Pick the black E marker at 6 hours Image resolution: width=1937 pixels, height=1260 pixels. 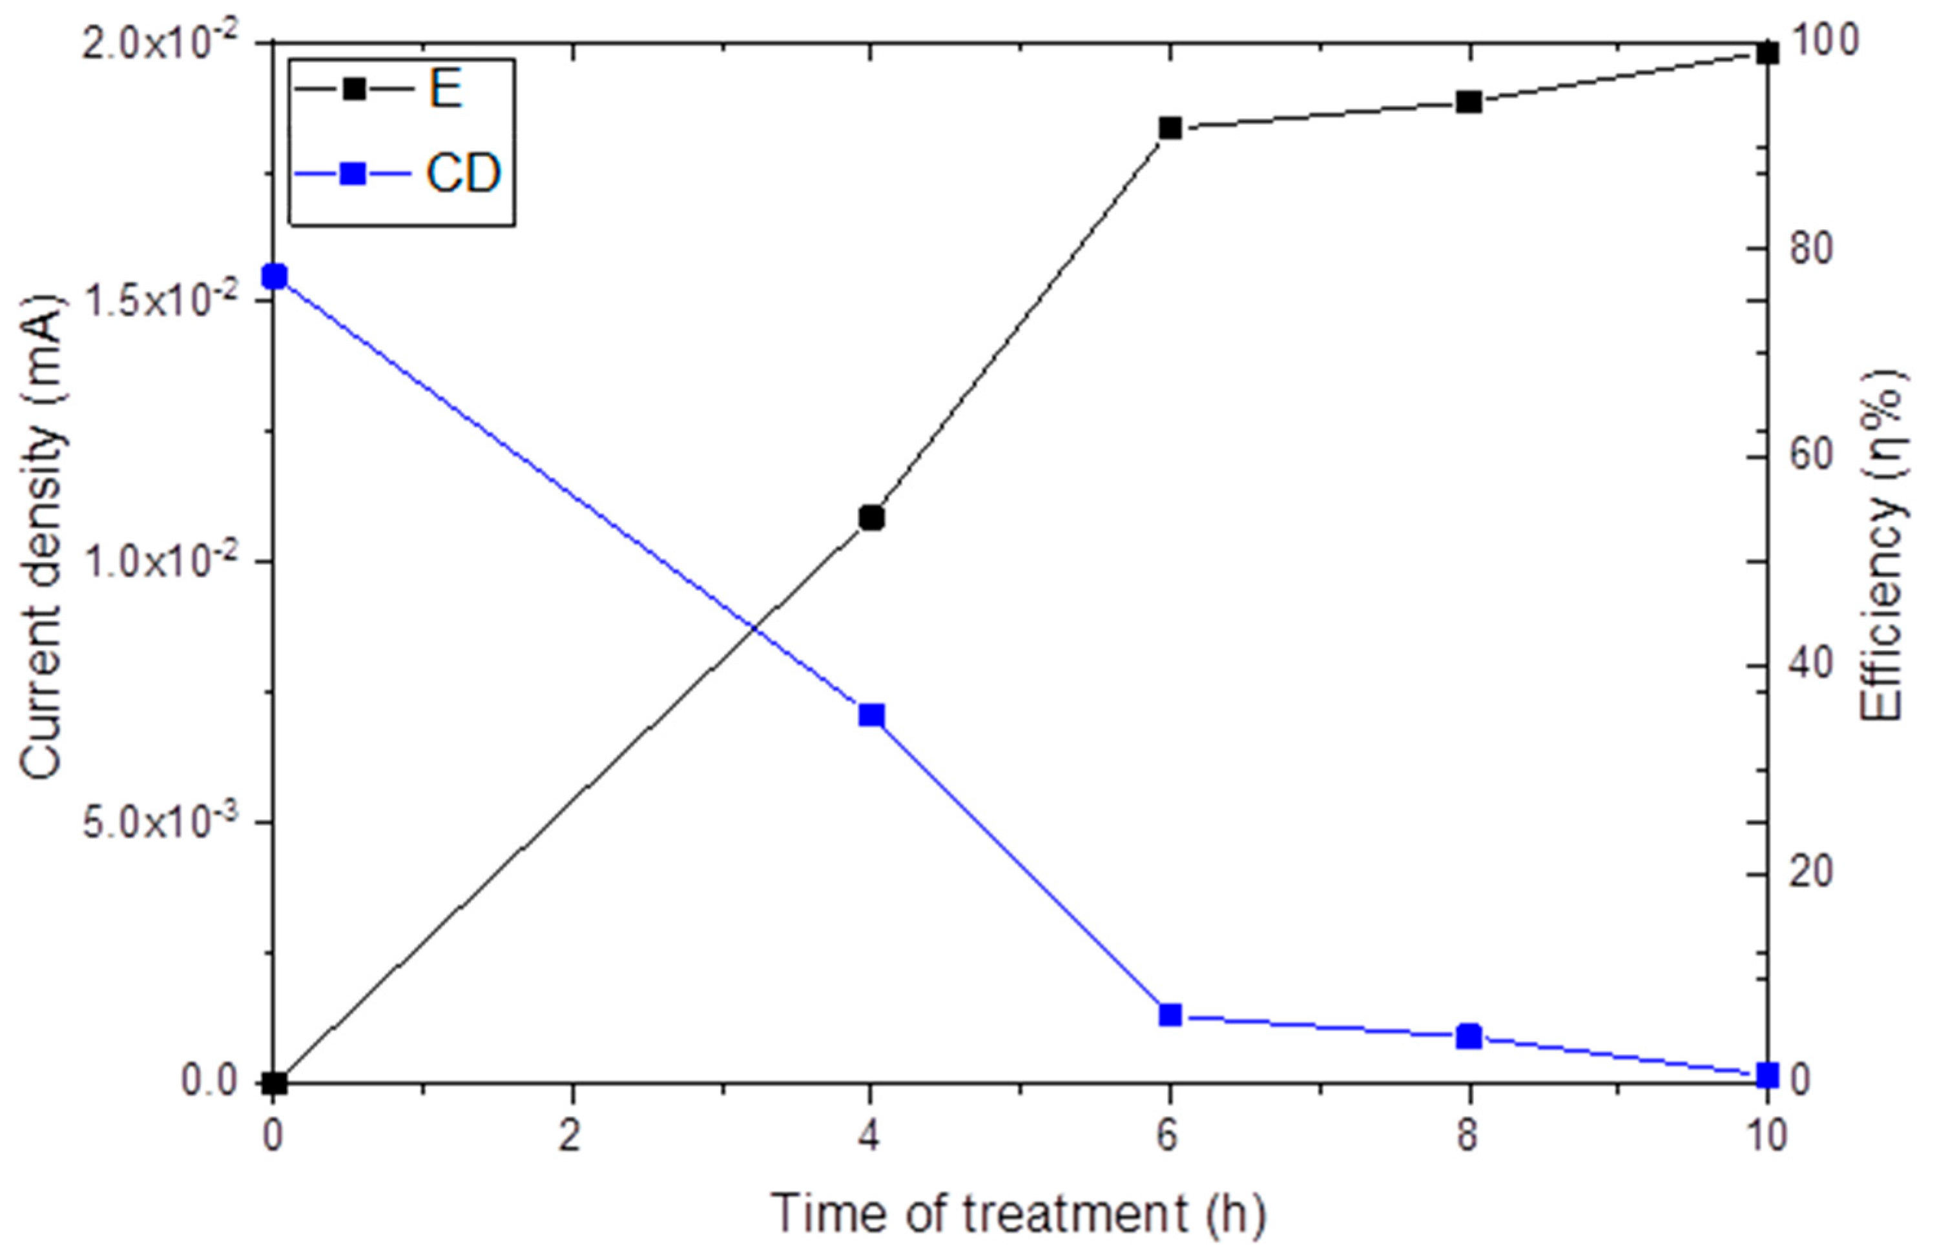pyautogui.click(x=1170, y=128)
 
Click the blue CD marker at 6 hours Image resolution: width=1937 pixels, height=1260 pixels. pyautogui.click(x=1170, y=1015)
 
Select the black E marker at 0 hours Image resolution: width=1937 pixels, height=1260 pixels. pyautogui.click(x=275, y=1082)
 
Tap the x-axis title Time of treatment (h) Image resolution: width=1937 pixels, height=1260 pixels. pyautogui.click(x=1018, y=1214)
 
